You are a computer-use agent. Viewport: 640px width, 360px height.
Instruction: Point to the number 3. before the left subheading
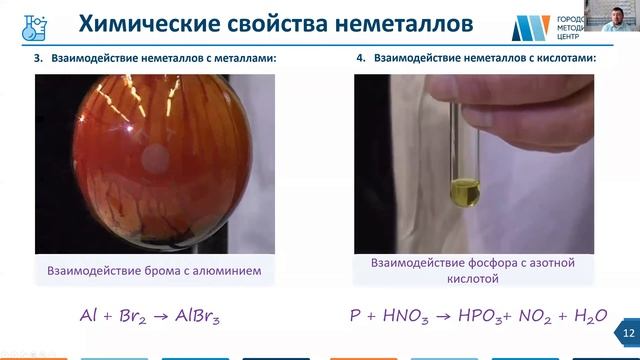40,59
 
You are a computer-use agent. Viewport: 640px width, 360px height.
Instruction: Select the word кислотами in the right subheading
564,59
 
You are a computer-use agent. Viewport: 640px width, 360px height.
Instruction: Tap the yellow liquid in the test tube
465,190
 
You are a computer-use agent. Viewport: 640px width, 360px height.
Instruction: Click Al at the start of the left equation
89,316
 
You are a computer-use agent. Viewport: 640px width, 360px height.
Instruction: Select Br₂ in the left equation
128,317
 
